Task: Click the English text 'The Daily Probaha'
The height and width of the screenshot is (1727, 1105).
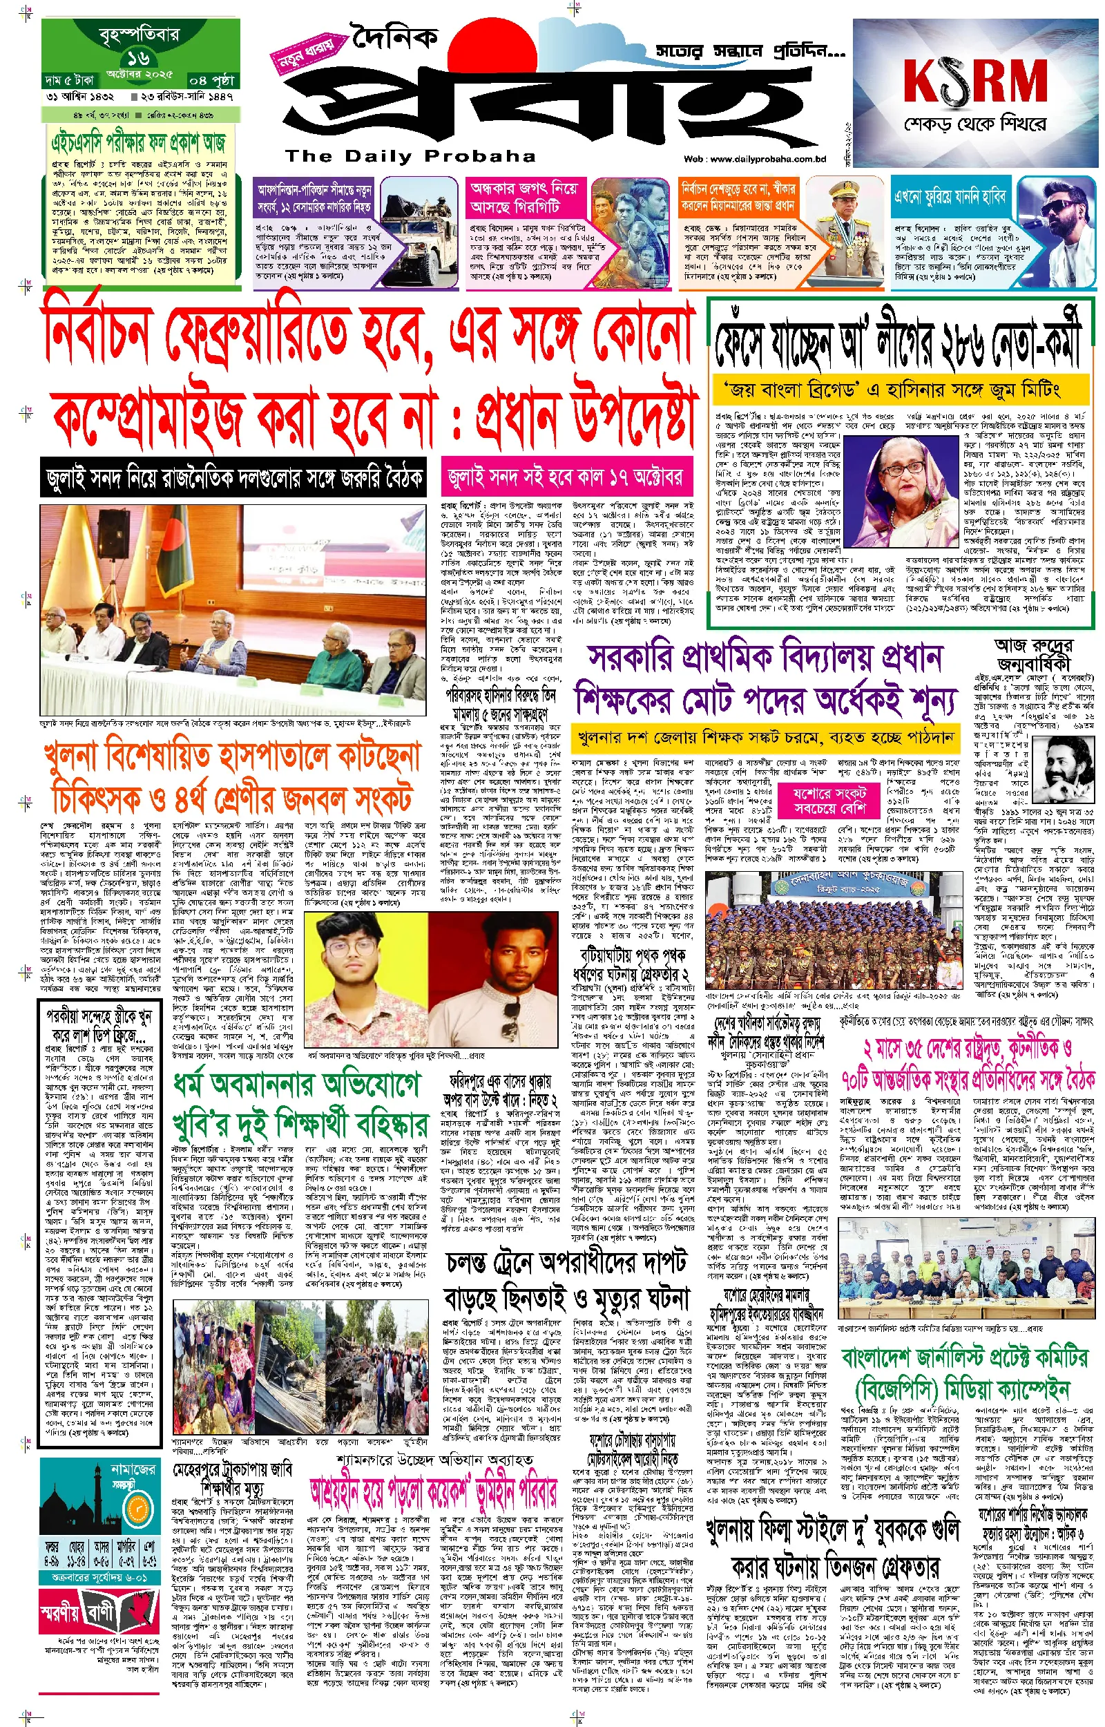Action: click(410, 155)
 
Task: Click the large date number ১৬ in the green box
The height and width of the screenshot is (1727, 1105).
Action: click(139, 58)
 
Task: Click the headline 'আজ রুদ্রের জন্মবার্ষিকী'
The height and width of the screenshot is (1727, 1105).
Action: click(1032, 653)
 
